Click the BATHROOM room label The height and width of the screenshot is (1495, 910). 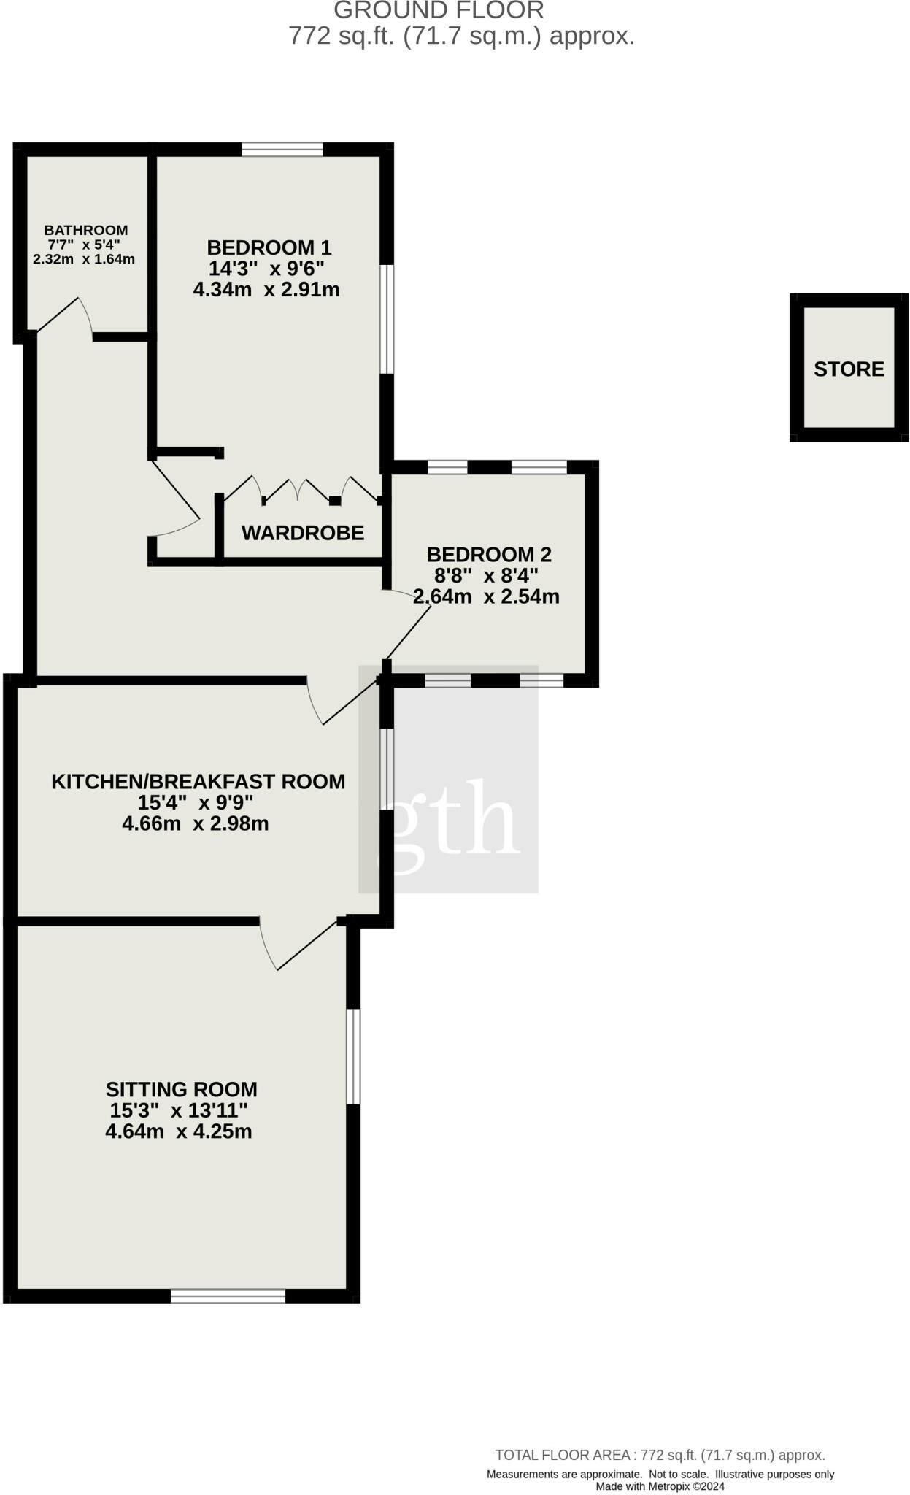(x=85, y=230)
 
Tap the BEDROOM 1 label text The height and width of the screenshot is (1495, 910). (x=269, y=247)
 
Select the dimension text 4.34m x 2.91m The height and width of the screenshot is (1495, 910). (x=266, y=290)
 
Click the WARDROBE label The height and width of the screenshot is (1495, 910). (x=303, y=533)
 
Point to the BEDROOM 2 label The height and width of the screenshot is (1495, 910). (x=489, y=554)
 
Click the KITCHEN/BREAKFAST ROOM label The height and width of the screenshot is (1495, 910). (x=198, y=781)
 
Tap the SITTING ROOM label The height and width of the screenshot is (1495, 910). (x=181, y=1089)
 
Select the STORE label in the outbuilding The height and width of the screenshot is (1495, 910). (x=849, y=369)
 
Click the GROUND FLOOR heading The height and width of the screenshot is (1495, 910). (x=439, y=10)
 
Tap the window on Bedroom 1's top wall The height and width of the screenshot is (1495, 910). (x=282, y=150)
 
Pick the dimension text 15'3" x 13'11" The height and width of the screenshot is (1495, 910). (x=179, y=1110)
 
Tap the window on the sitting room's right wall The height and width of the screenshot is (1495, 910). (x=353, y=1056)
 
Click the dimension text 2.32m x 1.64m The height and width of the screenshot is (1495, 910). (x=84, y=259)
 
